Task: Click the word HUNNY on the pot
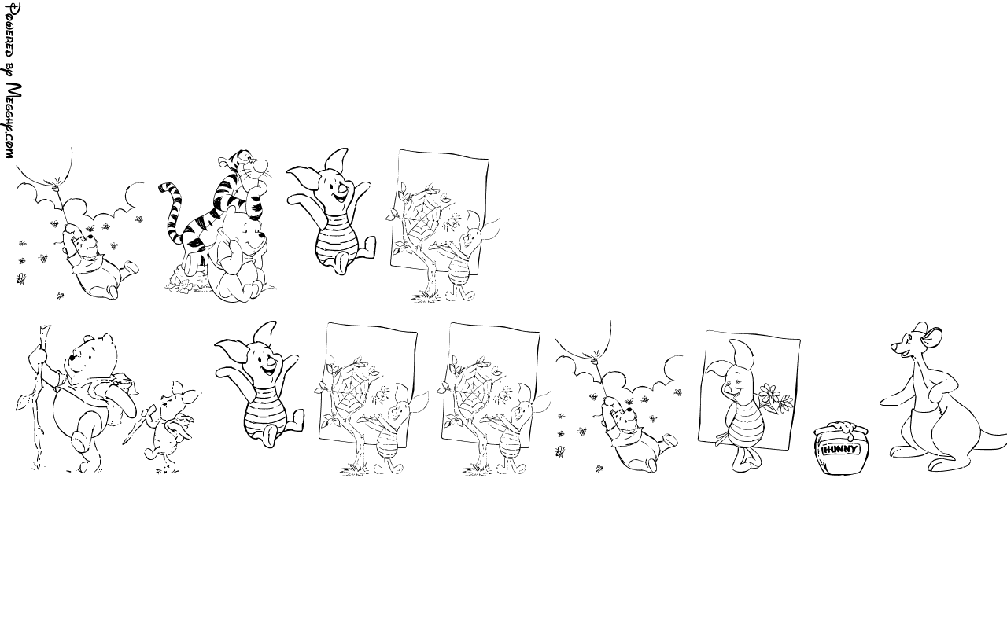coord(840,449)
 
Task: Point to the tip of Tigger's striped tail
coord(163,187)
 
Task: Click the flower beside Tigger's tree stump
coord(183,285)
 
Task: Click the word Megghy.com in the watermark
coord(11,121)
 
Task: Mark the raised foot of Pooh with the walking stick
coord(81,440)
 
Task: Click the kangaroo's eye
coord(906,343)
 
